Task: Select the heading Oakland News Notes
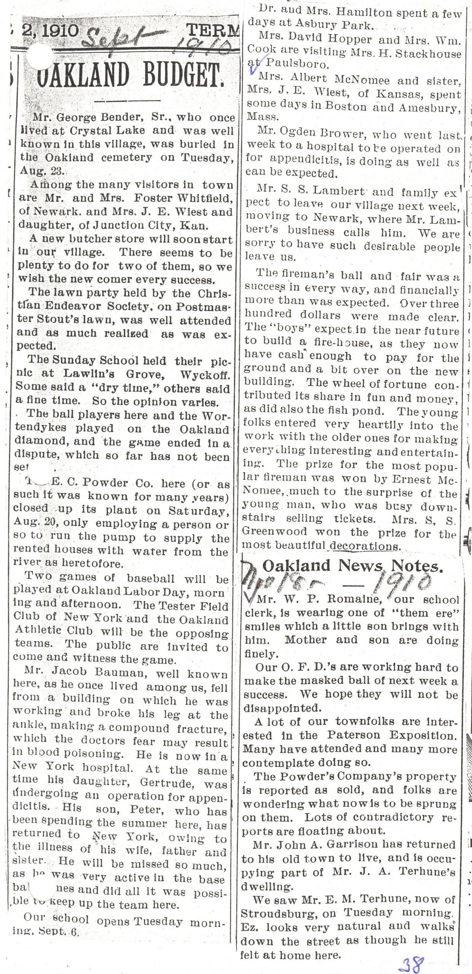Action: point(352,566)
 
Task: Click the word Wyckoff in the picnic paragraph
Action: point(205,374)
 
